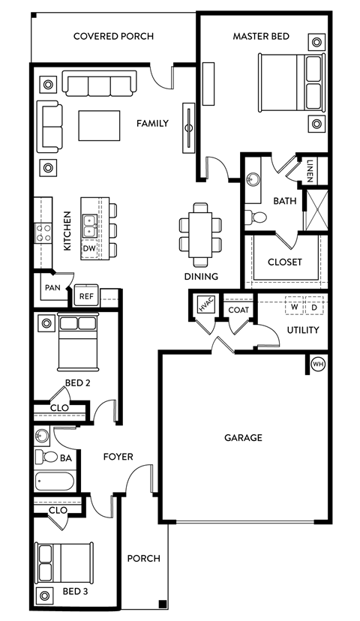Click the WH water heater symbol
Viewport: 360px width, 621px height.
[317, 364]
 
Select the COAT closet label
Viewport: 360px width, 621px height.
[238, 310]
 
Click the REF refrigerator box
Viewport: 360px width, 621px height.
[86, 296]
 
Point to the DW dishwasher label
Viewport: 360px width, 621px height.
[89, 247]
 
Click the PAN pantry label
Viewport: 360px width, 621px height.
[52, 287]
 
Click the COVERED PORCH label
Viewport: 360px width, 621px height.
[114, 36]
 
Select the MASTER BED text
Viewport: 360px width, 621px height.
[261, 36]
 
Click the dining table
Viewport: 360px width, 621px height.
[201, 234]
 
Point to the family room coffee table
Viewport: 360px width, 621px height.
[99, 125]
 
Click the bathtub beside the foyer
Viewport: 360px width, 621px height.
[54, 481]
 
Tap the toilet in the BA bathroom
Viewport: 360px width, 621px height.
[50, 457]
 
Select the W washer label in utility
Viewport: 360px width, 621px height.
[294, 307]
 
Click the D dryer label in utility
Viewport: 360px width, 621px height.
[313, 307]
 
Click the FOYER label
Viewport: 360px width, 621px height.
[118, 457]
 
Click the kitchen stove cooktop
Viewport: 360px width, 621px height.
[42, 232]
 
